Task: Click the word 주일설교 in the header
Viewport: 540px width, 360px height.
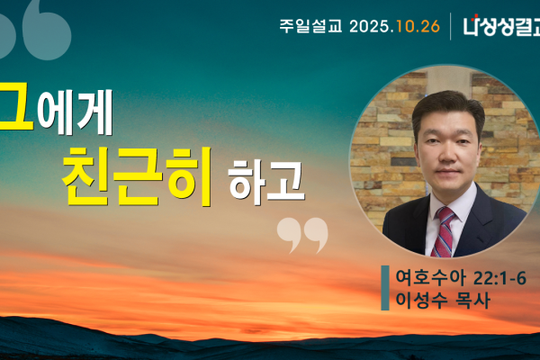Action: pos(310,25)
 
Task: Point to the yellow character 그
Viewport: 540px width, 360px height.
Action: pos(13,106)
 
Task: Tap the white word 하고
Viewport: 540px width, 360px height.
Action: pos(267,180)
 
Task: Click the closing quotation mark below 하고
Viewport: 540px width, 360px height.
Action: pos(301,234)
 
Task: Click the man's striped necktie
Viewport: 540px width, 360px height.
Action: pos(445,231)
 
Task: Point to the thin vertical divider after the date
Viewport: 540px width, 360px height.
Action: pos(451,25)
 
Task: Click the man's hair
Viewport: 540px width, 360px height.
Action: pos(447,103)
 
